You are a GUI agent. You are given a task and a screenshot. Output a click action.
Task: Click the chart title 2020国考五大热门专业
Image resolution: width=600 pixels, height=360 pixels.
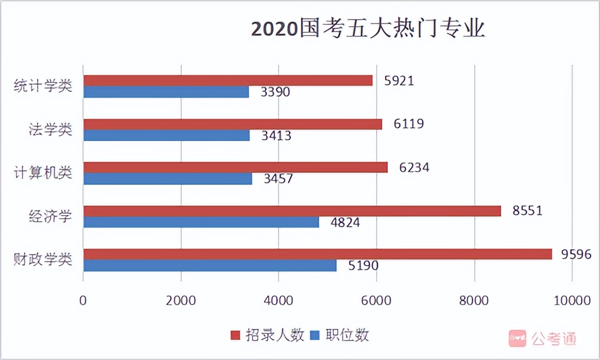click(368, 29)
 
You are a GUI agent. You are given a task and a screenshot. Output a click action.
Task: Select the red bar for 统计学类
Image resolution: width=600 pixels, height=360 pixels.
click(228, 81)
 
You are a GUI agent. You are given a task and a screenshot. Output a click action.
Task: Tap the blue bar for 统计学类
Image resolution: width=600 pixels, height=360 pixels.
click(166, 92)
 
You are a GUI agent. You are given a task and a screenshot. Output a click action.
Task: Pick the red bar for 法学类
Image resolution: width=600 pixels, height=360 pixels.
click(232, 124)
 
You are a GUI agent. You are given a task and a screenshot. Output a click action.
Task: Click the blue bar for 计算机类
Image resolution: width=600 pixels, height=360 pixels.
click(167, 179)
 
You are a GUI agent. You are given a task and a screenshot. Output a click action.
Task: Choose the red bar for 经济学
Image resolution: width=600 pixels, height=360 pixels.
click(292, 211)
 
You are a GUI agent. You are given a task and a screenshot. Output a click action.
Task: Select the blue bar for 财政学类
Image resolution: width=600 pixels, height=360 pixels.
click(210, 266)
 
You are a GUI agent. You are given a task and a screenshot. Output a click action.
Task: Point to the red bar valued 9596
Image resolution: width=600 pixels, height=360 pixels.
click(317, 254)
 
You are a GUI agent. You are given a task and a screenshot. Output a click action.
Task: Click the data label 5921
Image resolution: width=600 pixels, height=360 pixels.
click(399, 81)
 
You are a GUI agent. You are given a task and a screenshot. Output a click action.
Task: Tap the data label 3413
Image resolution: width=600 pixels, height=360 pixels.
click(277, 135)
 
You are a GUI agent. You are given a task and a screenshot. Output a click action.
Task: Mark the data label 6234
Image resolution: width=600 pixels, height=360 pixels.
click(414, 167)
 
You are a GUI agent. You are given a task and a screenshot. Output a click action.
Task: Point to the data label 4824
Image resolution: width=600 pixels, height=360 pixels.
click(345, 222)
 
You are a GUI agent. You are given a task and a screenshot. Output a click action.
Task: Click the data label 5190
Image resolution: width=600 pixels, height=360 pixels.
click(363, 266)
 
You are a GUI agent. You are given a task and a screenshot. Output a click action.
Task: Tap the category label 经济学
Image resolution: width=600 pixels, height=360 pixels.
click(50, 217)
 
